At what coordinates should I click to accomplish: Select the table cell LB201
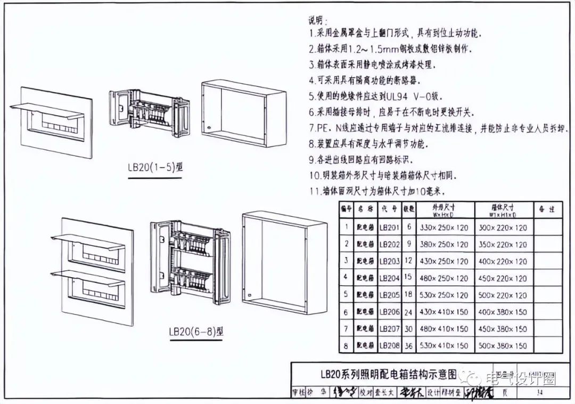tap(389, 228)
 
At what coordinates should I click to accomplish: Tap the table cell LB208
tap(389, 346)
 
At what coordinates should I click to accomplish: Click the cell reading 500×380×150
tap(503, 346)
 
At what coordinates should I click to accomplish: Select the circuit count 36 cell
tap(408, 346)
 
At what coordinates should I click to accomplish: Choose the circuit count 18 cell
tap(408, 295)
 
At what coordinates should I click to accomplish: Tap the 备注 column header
tap(547, 210)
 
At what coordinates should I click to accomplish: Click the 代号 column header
tap(389, 210)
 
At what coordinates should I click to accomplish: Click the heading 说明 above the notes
tap(316, 21)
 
